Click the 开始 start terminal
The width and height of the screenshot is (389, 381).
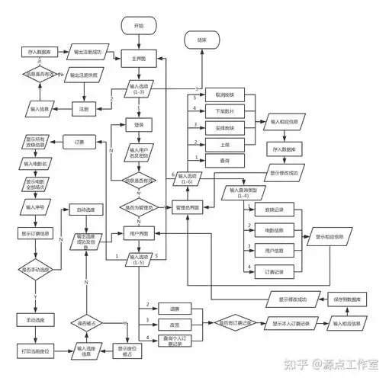139,25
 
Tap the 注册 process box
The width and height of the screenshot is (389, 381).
84,109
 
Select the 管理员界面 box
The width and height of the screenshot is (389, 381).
188,207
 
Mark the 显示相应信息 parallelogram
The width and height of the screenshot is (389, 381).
330,237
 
